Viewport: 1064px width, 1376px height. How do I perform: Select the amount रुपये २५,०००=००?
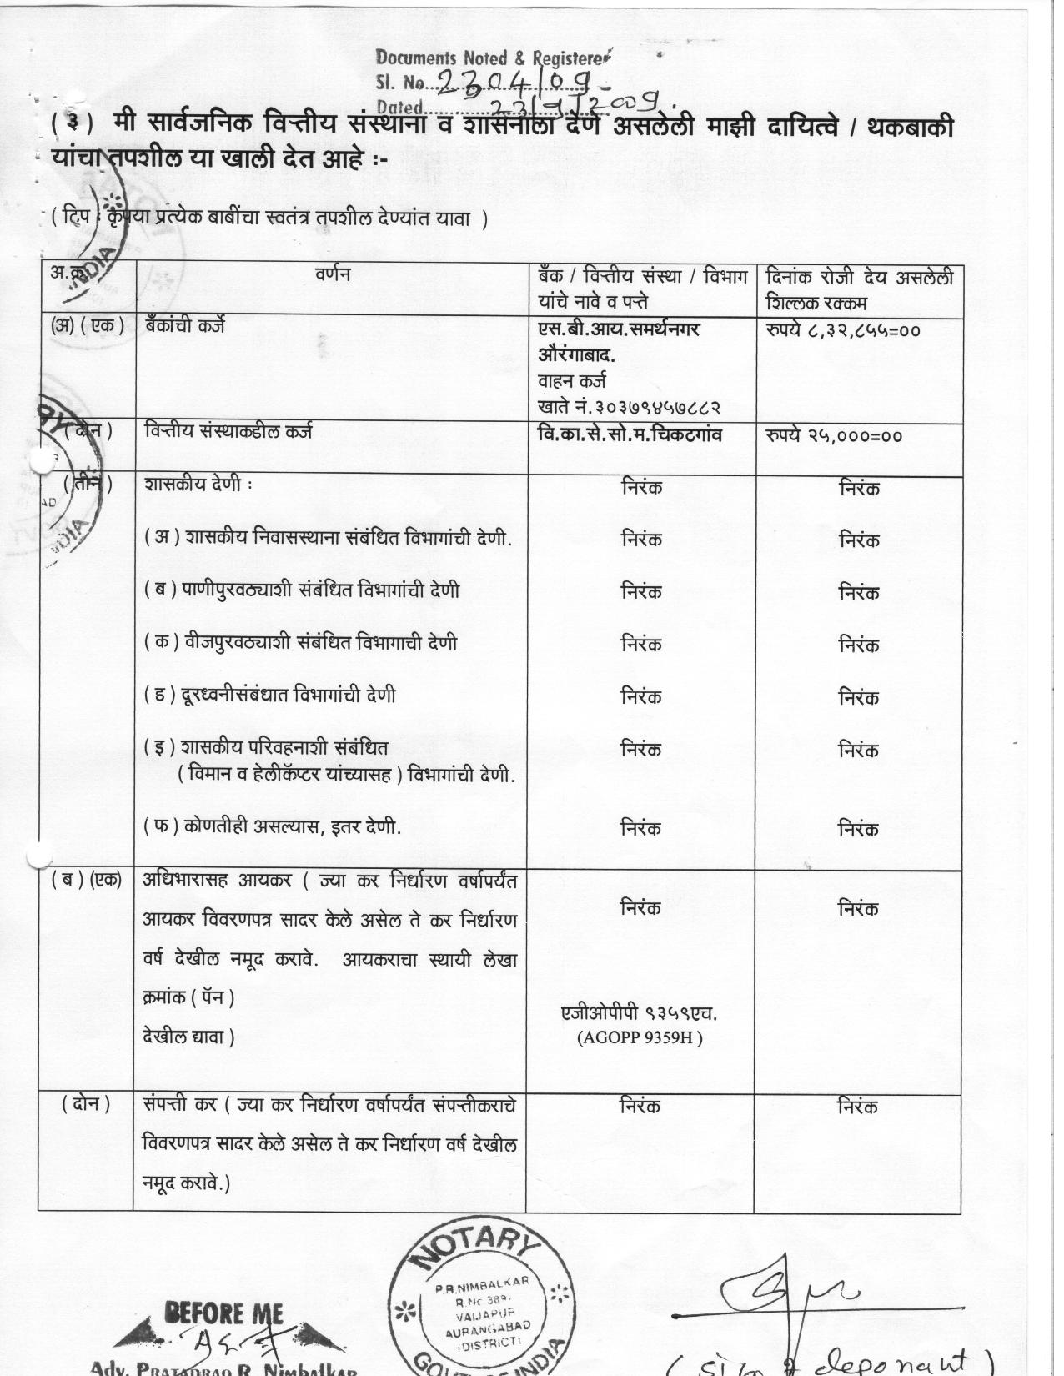coord(833,435)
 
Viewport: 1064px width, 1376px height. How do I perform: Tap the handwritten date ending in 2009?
coord(575,104)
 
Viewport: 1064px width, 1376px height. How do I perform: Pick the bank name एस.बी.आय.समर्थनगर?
coord(619,329)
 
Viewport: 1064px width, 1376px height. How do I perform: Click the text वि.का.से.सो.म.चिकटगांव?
coord(630,434)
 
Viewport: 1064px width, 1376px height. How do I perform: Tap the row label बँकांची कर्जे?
coord(184,327)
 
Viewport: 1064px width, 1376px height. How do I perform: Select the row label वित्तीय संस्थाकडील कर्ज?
coord(228,432)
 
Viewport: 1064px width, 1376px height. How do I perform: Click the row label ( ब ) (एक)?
coord(86,880)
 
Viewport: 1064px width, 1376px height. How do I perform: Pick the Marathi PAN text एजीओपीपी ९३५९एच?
coord(640,1013)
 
